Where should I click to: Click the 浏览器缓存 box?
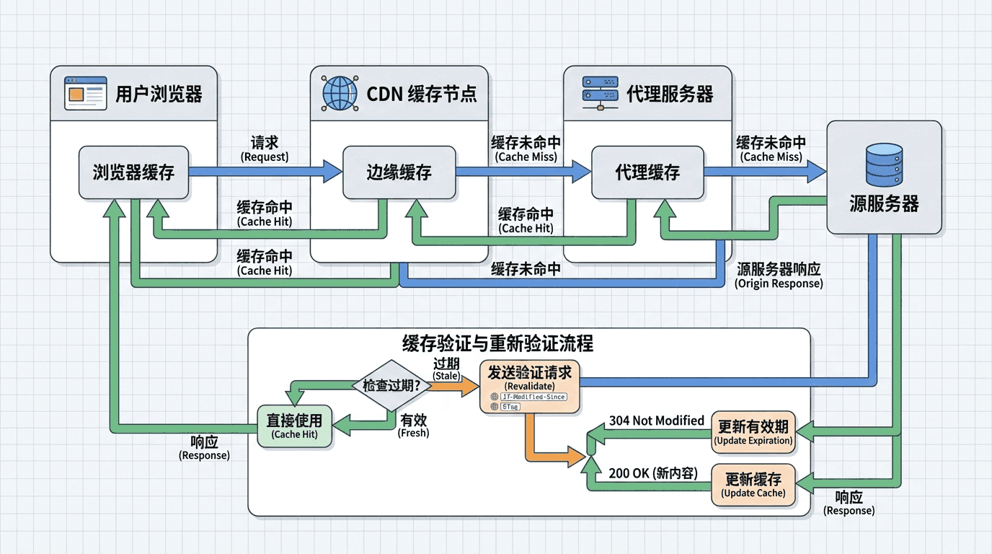coord(133,173)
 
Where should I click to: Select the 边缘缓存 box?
coord(399,173)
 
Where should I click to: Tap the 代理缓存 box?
coord(647,173)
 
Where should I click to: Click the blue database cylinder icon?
coord(884,165)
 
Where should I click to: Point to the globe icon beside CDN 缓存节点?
coord(340,93)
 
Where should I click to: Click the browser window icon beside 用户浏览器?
coord(85,93)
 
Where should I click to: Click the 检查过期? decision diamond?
coord(392,385)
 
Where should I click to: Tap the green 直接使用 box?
coord(294,426)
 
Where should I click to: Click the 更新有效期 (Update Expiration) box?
coord(753,433)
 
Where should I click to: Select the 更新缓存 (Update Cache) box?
coord(753,485)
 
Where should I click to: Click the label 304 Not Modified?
coord(656,421)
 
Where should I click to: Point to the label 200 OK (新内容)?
coord(653,473)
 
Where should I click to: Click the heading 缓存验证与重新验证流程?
coord(497,343)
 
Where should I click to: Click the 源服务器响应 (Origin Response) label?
coord(779,276)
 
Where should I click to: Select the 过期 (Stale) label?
coord(446,369)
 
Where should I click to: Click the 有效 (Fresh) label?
coord(414,426)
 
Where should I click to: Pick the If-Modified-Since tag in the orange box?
coord(533,397)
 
